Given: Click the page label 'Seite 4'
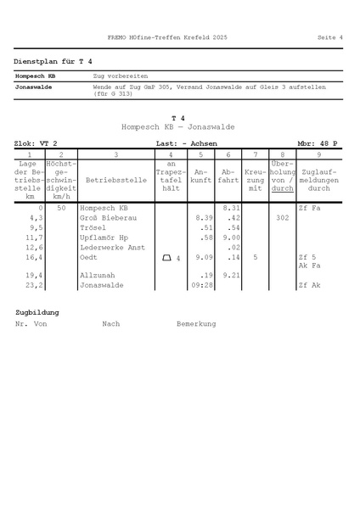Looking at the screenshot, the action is (x=329, y=37).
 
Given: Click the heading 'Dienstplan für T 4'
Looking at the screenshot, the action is (x=53, y=62).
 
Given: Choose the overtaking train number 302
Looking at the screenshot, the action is (x=283, y=218).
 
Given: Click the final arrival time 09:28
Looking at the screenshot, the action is (x=200, y=286).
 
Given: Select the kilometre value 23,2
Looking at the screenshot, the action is (x=34, y=286).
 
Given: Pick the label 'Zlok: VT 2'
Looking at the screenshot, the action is (x=36, y=144).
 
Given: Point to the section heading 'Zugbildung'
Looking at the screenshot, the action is (x=37, y=312).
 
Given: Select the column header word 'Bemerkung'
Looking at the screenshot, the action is (x=196, y=323).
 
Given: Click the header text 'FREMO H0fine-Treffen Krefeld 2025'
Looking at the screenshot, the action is (x=167, y=37).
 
